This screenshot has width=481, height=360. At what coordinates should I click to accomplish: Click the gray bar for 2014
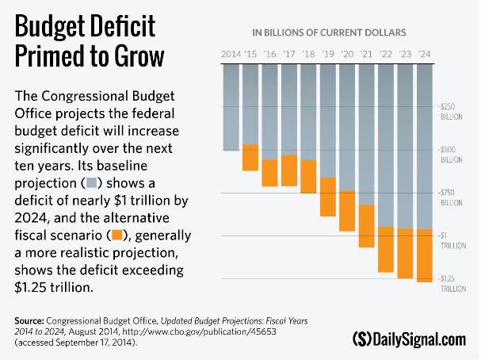231,106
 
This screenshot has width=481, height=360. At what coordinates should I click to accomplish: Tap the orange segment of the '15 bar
250,157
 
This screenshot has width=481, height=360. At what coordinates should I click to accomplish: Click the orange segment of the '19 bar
328,197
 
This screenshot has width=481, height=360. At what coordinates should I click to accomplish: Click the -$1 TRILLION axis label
450,239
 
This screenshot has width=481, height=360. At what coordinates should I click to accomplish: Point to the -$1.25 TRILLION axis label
450,283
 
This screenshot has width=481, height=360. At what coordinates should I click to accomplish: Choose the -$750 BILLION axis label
450,197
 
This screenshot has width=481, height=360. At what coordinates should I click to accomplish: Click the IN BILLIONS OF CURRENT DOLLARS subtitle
329,33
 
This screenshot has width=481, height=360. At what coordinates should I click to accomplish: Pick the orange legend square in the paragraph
117,236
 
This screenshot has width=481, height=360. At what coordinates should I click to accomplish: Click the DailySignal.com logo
409,339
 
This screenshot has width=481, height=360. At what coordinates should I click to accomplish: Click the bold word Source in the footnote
29,320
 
